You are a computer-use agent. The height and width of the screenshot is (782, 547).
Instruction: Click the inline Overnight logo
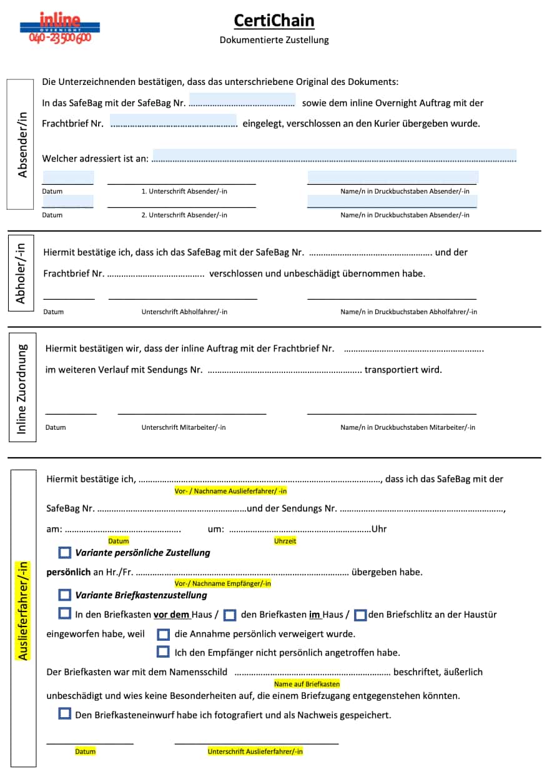point(60,28)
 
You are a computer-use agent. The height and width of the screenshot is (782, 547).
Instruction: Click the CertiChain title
point(274,21)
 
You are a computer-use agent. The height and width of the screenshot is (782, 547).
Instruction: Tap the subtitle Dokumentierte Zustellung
point(274,40)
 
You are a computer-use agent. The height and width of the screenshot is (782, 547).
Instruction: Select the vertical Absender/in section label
point(23,144)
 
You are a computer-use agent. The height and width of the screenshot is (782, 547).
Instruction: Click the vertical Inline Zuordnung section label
point(22,389)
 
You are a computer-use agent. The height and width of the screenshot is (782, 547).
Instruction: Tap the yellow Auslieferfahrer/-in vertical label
point(23,611)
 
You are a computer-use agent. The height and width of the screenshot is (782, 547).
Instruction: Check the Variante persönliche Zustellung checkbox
point(65,552)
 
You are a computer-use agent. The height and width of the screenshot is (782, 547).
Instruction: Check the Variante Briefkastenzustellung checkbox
point(65,595)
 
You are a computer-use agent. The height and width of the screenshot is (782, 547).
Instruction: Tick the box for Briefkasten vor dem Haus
point(65,613)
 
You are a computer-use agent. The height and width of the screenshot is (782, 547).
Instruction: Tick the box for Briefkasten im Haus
point(230,615)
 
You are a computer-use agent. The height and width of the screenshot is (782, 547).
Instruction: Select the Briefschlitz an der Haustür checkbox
point(360,615)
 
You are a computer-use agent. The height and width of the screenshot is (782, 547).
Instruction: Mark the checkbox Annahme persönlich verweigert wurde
point(164,635)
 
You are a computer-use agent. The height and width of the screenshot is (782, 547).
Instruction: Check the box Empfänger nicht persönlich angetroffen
point(164,652)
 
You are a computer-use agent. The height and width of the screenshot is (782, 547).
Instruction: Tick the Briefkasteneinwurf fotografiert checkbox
point(65,713)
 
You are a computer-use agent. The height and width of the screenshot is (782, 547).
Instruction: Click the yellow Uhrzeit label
point(285,541)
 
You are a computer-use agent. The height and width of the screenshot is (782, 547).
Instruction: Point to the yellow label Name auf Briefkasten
point(307,684)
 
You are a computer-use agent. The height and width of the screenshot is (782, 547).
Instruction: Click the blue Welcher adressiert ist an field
point(334,156)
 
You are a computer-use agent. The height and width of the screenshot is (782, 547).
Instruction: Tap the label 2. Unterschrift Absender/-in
point(184,215)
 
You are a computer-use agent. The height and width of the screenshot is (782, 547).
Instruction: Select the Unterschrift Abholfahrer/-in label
point(184,312)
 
